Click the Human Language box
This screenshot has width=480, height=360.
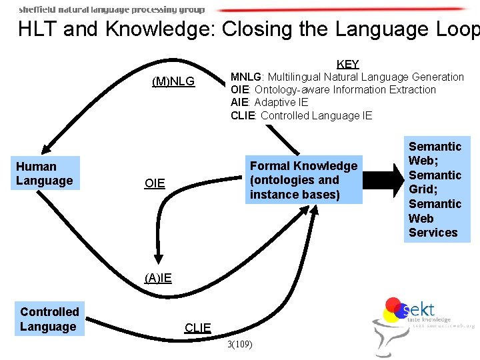click(x=45, y=173)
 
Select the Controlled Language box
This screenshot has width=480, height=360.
click(x=49, y=319)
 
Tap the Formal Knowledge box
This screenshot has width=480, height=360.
click(x=303, y=180)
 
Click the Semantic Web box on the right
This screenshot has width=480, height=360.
click(x=435, y=189)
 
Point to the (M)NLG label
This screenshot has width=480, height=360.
click(x=173, y=82)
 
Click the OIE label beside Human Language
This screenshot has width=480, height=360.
click(x=155, y=183)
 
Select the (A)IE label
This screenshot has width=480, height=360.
click(x=158, y=278)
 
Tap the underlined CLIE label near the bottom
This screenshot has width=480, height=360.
click(x=197, y=327)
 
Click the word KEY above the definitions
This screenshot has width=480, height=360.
click(x=348, y=64)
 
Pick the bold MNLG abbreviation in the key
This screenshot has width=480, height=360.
click(x=245, y=77)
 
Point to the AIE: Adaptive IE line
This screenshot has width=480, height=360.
click(x=269, y=102)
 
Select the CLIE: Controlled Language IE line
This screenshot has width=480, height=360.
click(x=301, y=115)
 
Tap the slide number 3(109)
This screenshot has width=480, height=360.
click(x=239, y=345)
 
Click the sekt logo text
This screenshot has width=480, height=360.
click(x=419, y=309)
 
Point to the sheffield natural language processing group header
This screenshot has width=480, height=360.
click(x=111, y=9)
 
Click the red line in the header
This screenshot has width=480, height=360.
click(x=340, y=9)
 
